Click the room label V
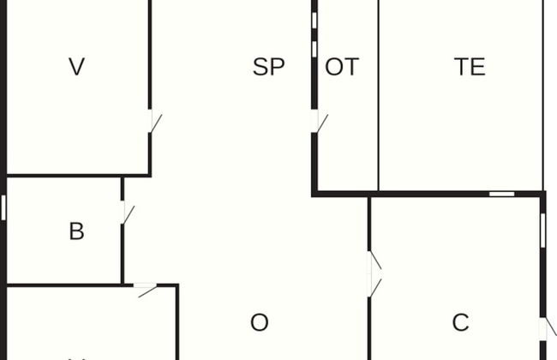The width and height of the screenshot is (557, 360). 77,67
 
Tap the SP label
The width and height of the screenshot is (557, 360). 268,67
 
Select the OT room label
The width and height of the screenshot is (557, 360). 342,67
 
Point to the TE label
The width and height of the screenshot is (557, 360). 470,67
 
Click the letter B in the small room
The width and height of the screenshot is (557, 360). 76,231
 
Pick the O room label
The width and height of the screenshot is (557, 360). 259,322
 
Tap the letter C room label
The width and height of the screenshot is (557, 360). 460,322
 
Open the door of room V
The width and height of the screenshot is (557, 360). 153,121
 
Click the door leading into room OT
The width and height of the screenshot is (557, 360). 319,121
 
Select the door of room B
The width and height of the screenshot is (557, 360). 127,212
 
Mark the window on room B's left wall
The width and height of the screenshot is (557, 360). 3,207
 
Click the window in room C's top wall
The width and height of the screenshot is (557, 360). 501,194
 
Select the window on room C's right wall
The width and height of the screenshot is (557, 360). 543,230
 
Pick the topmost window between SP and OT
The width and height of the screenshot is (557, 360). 314,19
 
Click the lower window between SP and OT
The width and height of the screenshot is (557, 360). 314,49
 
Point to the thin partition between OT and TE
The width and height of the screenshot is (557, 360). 378,94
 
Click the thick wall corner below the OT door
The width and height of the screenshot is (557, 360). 314,193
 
